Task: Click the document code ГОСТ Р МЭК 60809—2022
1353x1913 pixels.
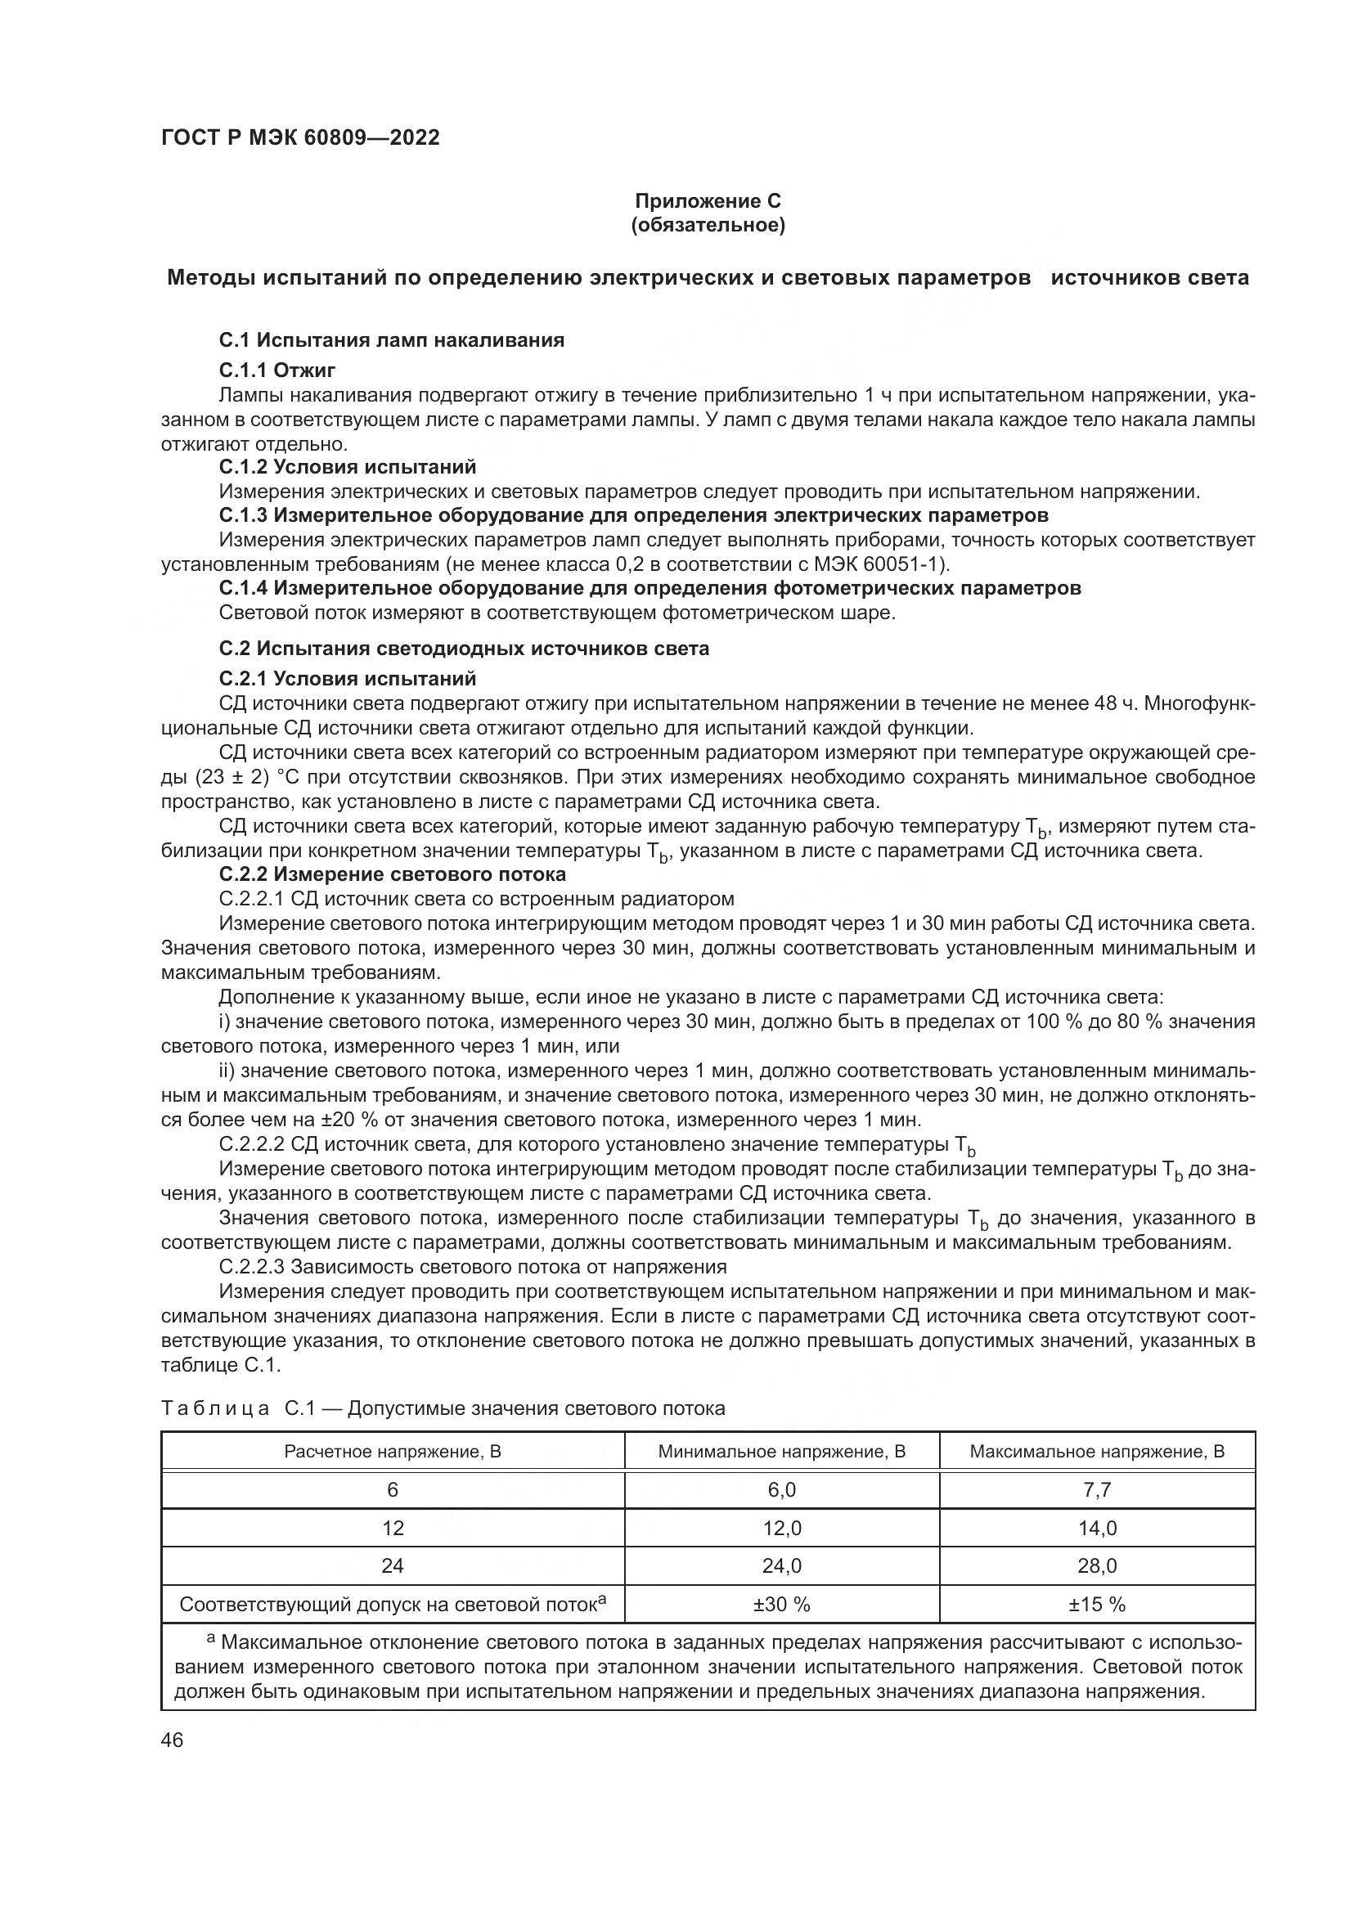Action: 300,137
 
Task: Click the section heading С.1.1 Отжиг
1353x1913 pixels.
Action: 276,370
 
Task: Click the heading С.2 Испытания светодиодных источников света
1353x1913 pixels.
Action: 464,649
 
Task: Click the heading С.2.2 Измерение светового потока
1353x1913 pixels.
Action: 393,874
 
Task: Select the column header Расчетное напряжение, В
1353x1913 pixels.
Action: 393,1452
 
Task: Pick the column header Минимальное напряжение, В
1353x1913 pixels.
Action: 781,1452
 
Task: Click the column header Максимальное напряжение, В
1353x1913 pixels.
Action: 1096,1452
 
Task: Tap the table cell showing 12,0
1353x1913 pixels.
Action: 781,1528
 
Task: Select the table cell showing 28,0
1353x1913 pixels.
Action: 1096,1566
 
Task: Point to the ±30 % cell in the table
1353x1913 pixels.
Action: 781,1605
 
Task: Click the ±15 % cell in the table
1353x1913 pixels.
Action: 1096,1605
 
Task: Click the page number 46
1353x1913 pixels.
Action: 172,1740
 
